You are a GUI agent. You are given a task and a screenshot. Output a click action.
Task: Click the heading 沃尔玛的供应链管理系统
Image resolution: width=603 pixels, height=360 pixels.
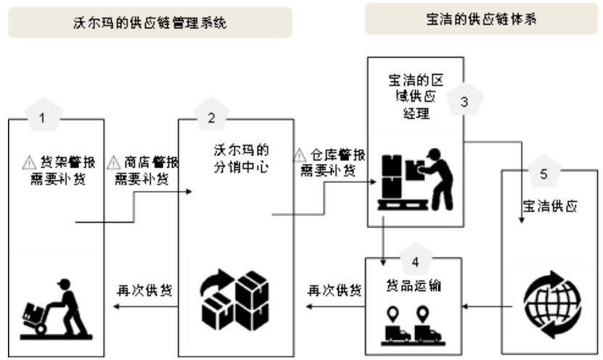(x=150, y=22)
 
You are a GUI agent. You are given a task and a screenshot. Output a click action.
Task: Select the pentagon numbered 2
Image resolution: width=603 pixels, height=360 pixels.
(x=211, y=116)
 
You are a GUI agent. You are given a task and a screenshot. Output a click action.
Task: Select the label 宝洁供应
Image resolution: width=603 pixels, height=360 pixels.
(x=550, y=205)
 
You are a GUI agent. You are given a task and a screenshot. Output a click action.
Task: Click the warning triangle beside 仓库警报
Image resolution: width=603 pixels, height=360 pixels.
(x=298, y=155)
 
